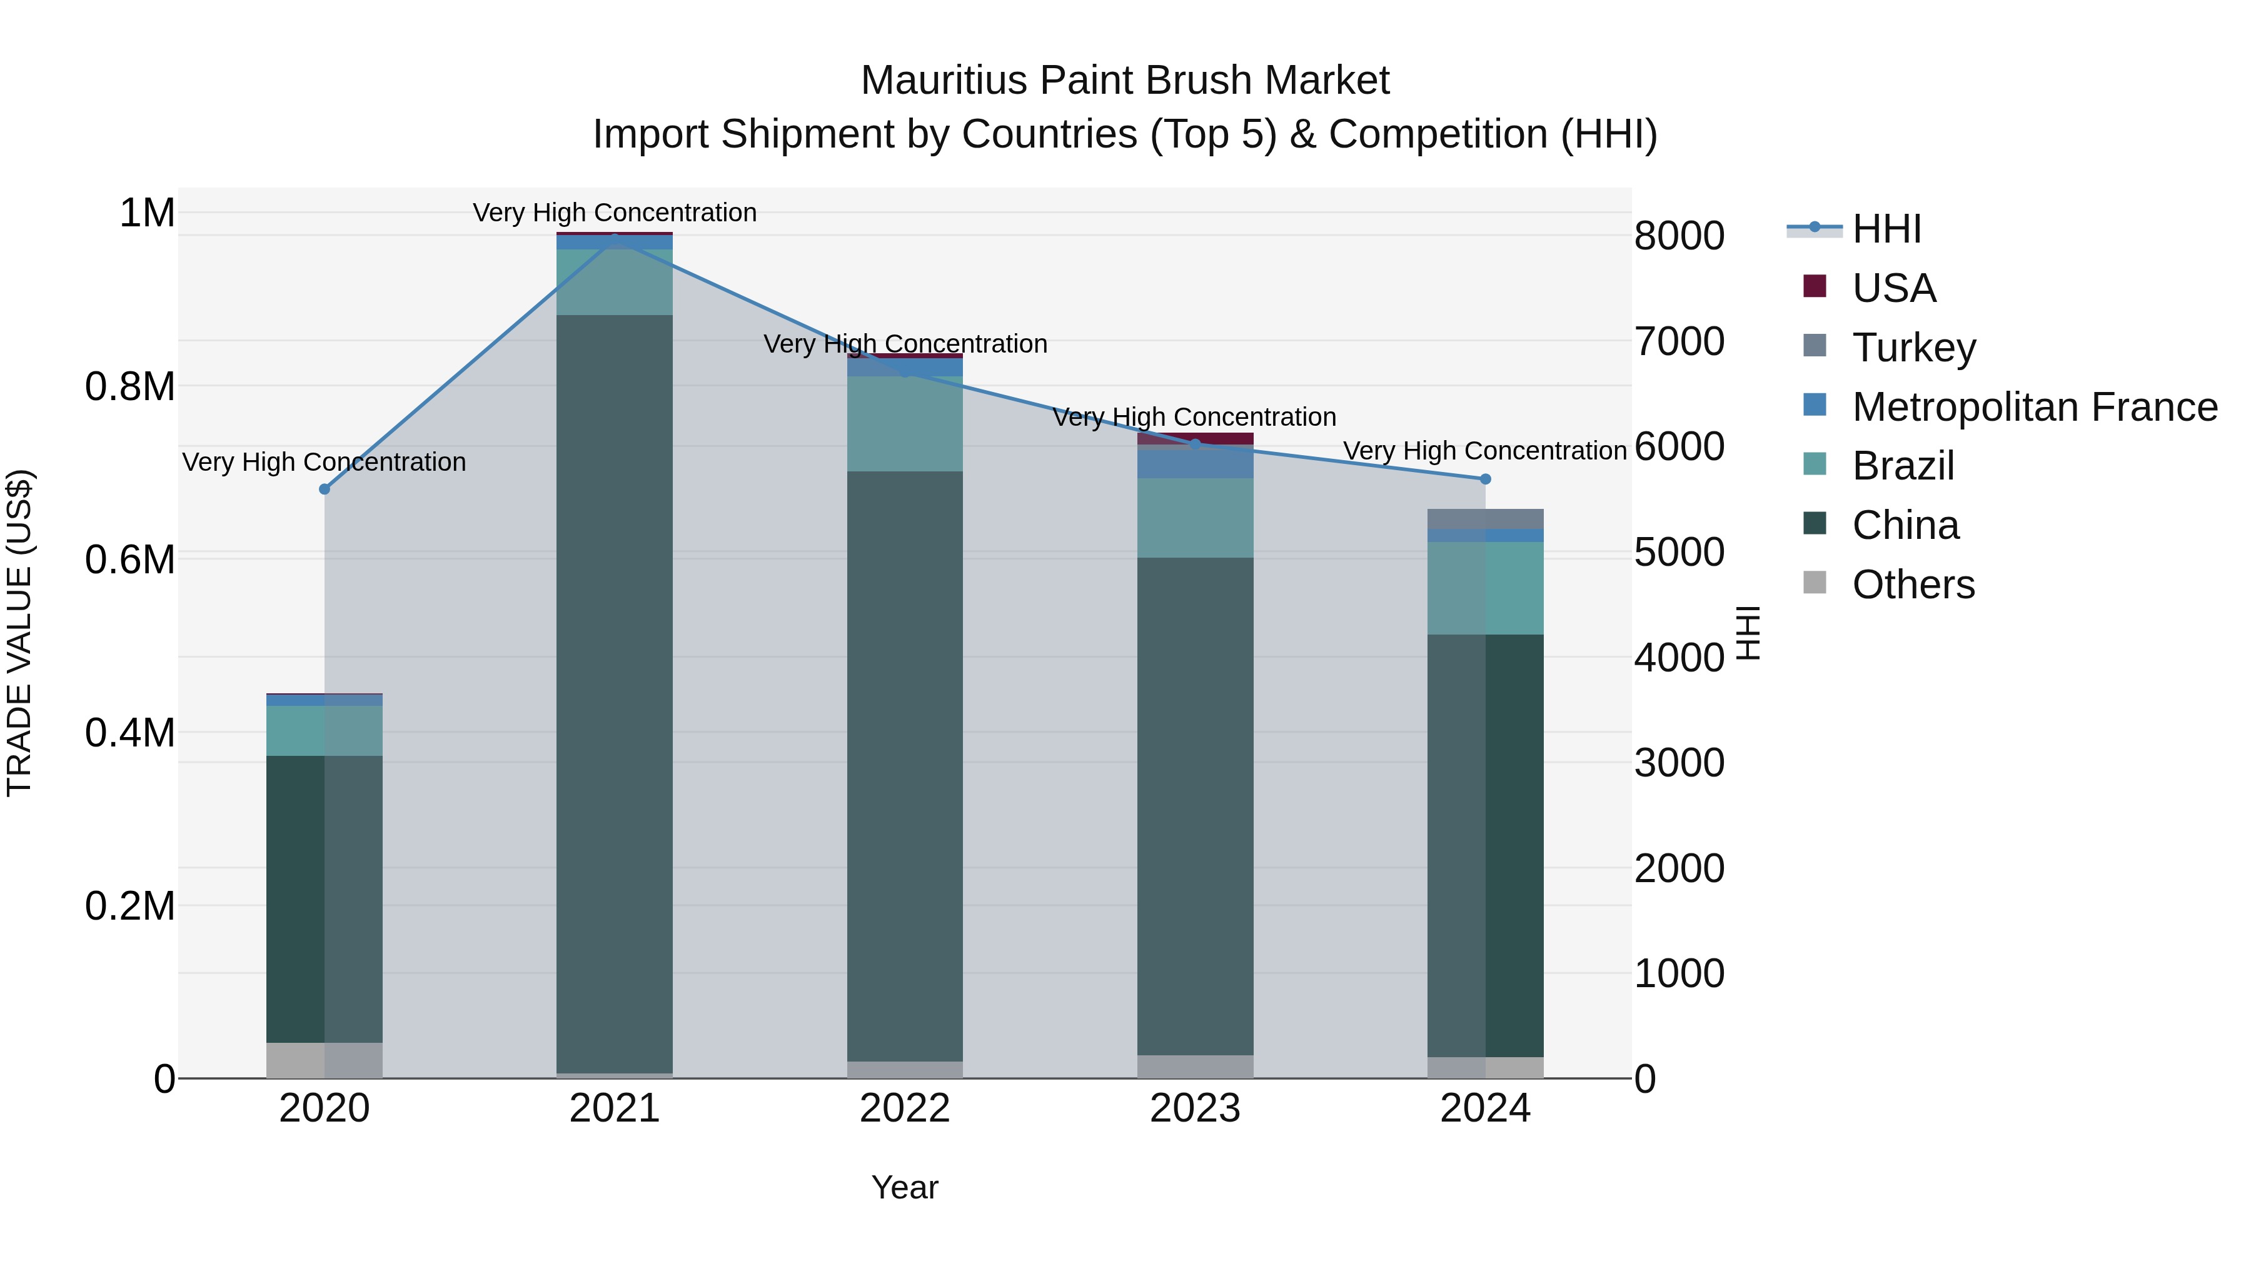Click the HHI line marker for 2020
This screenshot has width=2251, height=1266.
(324, 490)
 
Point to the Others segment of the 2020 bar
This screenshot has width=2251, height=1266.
(324, 1060)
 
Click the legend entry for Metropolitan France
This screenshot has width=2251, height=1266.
(2033, 407)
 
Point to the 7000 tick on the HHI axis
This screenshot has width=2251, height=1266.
(1679, 341)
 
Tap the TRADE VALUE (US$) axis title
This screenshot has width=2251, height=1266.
(20, 633)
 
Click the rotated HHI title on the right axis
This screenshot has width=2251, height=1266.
(1747, 633)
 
